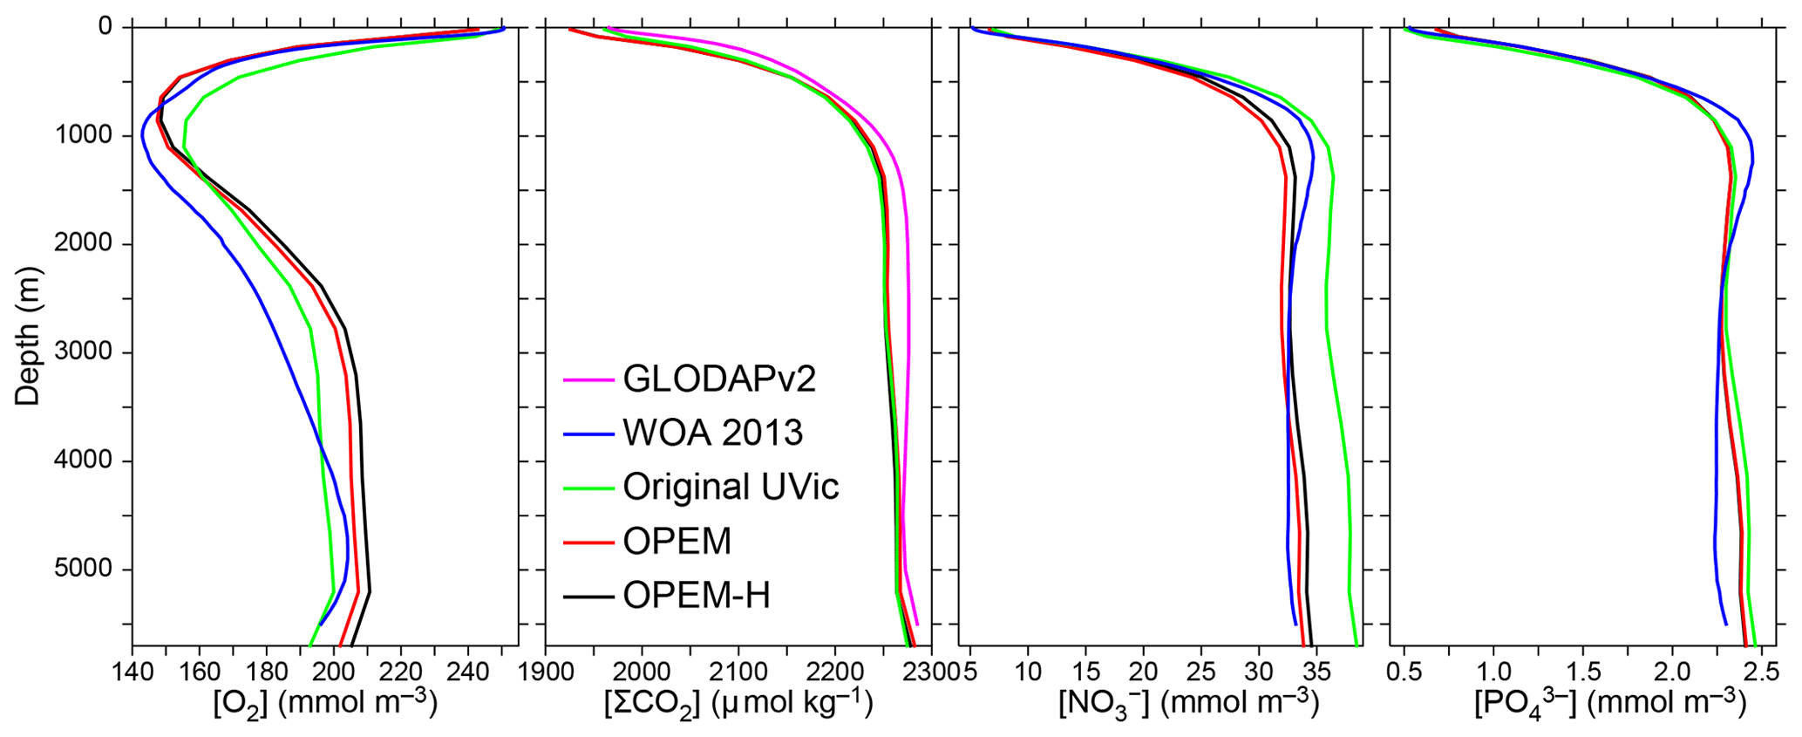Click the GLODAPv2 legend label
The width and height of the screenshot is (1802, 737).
pyautogui.click(x=718, y=379)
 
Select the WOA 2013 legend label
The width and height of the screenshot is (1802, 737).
pyautogui.click(x=712, y=433)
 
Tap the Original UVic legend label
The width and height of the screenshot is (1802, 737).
pyautogui.click(x=731, y=487)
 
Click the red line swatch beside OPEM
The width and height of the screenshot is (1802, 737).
pyautogui.click(x=588, y=543)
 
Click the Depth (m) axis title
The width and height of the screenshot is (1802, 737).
pyautogui.click(x=28, y=336)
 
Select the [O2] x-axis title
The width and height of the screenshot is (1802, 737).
pyautogui.click(x=324, y=704)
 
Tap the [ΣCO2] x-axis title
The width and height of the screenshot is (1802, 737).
pyautogui.click(x=738, y=704)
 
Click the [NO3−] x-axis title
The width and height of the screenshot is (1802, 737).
pyautogui.click(x=1187, y=704)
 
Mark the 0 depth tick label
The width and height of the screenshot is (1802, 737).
pyautogui.click(x=105, y=27)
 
